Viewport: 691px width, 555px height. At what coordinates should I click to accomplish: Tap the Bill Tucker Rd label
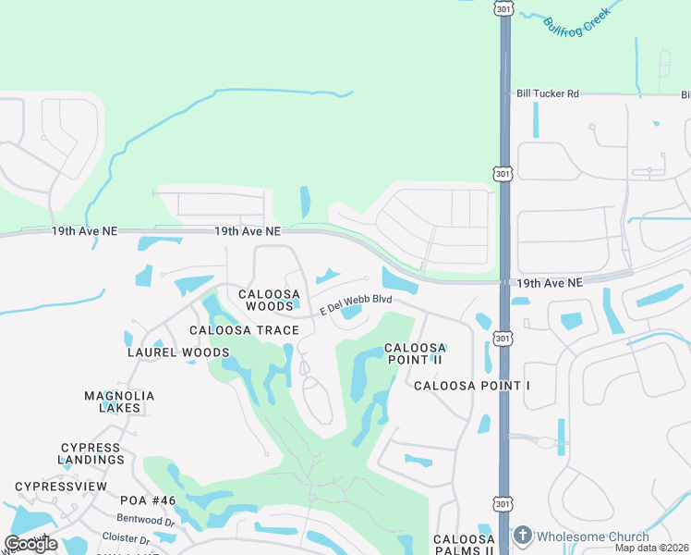[548, 93]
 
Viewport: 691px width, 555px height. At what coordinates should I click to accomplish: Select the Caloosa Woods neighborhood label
[269, 300]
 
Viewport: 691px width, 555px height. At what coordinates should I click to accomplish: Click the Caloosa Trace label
[244, 330]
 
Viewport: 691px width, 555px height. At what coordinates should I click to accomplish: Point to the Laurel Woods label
[178, 352]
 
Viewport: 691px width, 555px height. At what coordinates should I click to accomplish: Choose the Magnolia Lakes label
[119, 401]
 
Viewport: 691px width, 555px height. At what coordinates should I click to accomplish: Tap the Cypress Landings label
[91, 453]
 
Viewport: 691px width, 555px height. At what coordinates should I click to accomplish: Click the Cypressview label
[61, 487]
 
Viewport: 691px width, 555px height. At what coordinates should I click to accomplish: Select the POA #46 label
[148, 500]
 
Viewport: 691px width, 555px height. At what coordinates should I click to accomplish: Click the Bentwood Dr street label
[150, 523]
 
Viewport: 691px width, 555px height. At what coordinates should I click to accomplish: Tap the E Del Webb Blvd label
[356, 304]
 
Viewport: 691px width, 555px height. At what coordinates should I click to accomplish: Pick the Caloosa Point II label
[415, 353]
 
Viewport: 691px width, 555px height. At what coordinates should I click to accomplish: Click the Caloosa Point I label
[471, 385]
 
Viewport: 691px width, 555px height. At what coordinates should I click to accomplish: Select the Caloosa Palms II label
[465, 545]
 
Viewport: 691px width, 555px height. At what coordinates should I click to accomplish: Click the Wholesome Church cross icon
[522, 536]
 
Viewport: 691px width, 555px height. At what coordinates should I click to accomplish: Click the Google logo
[30, 544]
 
